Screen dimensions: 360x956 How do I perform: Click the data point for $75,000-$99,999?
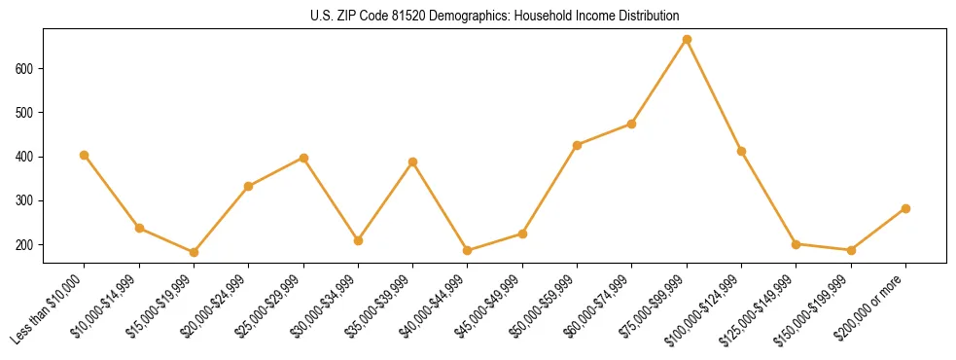[x=687, y=40]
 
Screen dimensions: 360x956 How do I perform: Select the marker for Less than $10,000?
[x=85, y=155]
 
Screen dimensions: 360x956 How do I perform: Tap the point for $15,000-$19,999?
[x=194, y=252]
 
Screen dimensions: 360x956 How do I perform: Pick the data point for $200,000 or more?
[x=905, y=208]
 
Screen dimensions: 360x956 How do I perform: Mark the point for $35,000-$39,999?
[x=412, y=162]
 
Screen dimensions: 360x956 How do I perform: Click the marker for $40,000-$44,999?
[x=468, y=250]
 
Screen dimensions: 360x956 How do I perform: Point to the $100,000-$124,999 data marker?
[x=741, y=151]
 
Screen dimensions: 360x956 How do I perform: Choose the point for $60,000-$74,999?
[x=631, y=124]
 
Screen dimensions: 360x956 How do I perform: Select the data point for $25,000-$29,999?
[x=303, y=158]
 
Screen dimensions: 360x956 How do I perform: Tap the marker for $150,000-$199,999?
[x=851, y=250]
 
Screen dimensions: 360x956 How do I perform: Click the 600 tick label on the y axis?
[x=27, y=69]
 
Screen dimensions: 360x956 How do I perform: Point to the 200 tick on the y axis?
[x=27, y=244]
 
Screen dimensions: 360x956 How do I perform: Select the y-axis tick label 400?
[x=27, y=157]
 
